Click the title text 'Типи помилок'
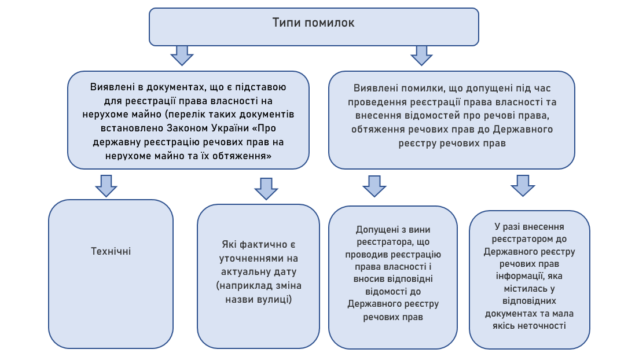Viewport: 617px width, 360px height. click(313, 23)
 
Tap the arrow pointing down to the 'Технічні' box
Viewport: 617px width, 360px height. click(106, 185)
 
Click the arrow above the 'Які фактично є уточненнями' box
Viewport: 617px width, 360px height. click(266, 188)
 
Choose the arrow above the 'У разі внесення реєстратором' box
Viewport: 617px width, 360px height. click(523, 186)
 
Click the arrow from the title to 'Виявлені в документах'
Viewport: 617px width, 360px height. click(182, 56)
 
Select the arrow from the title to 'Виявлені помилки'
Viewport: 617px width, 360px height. click(421, 56)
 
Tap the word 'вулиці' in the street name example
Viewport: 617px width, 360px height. click(273, 299)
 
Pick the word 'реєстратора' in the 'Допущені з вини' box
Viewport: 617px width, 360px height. click(380, 243)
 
